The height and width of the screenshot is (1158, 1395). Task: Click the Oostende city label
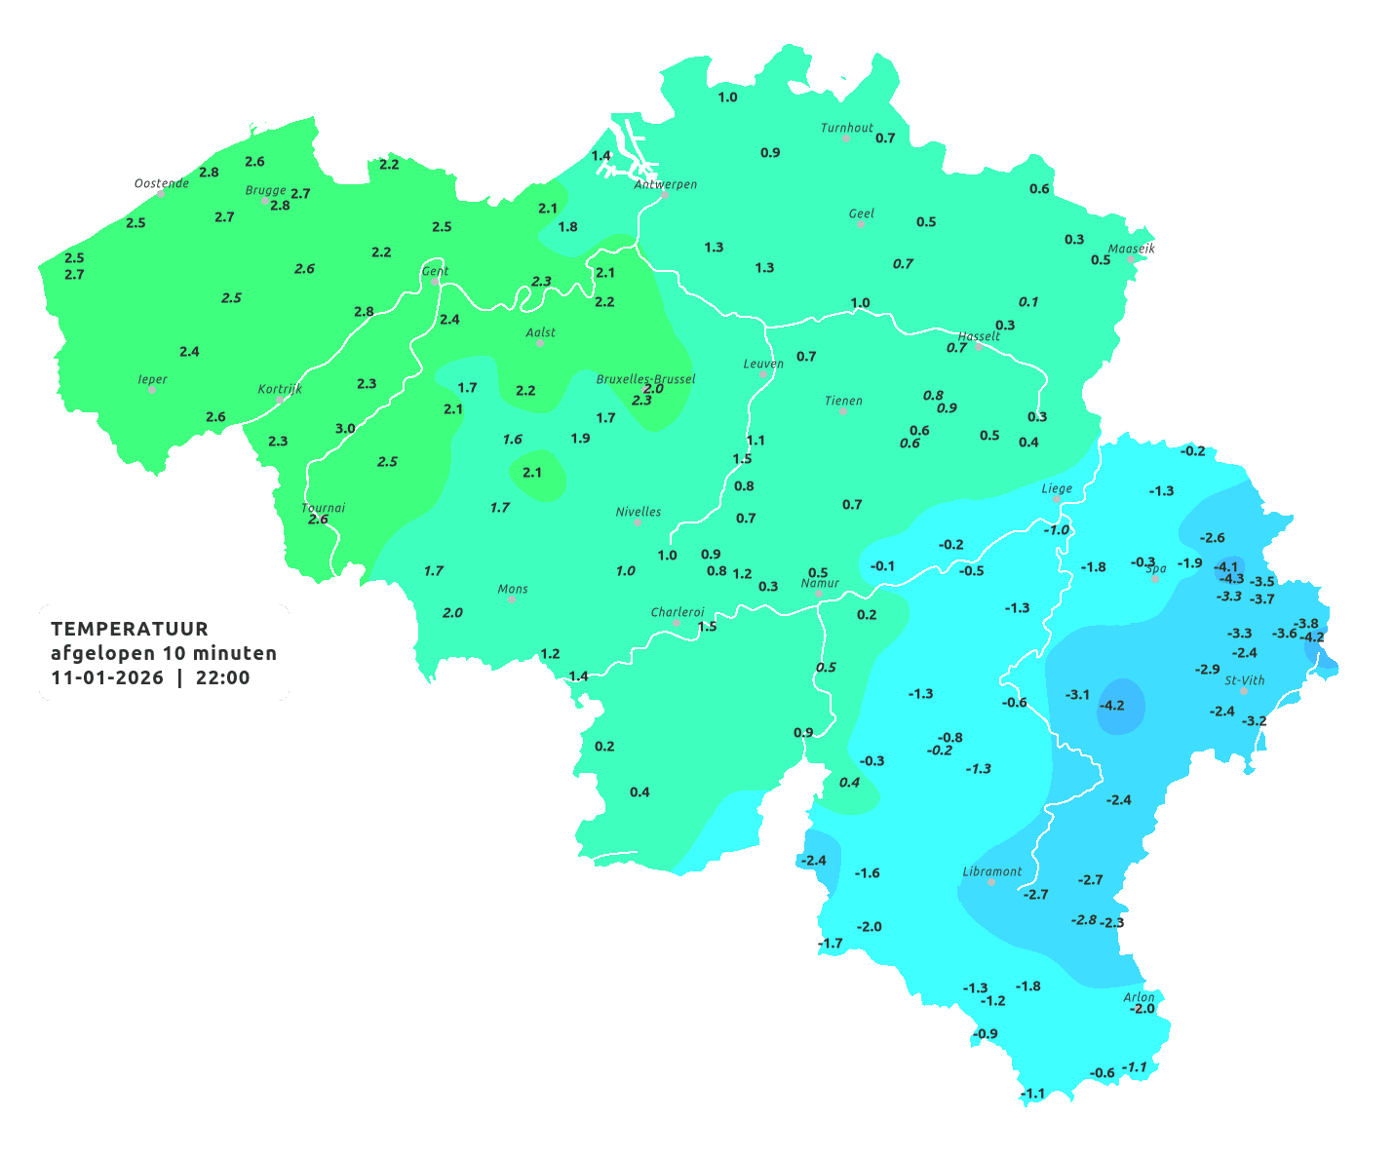pyautogui.click(x=161, y=183)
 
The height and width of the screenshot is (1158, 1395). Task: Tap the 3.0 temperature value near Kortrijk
pyautogui.click(x=345, y=429)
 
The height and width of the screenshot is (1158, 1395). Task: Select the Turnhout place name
pyautogui.click(x=846, y=128)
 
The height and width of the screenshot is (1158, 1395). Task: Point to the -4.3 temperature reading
pyautogui.click(x=1231, y=579)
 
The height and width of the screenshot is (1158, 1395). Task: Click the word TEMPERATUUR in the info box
pyautogui.click(x=130, y=629)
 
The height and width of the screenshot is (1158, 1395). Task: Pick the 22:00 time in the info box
pyautogui.click(x=222, y=678)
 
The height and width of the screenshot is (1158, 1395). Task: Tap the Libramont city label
pyautogui.click(x=991, y=871)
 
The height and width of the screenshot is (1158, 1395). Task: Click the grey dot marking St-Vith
pyautogui.click(x=1243, y=691)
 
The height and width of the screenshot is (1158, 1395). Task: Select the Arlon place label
pyautogui.click(x=1138, y=997)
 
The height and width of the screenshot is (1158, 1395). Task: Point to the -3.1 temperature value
pyautogui.click(x=1077, y=695)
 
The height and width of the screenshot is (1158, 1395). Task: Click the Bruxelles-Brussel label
pyautogui.click(x=645, y=378)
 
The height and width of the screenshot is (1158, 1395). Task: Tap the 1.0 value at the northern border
pyautogui.click(x=727, y=97)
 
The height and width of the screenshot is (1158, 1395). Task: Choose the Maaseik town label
pyautogui.click(x=1131, y=249)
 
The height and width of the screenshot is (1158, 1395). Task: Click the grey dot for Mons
pyautogui.click(x=511, y=599)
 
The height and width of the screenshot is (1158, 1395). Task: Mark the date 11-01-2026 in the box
pyautogui.click(x=107, y=678)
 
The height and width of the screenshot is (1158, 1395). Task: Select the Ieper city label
pyautogui.click(x=153, y=379)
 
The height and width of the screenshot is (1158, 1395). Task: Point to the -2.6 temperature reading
pyautogui.click(x=1212, y=538)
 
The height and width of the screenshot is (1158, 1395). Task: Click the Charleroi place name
pyautogui.click(x=677, y=612)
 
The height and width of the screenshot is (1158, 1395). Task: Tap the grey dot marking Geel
pyautogui.click(x=860, y=224)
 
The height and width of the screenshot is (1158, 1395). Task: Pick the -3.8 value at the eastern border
pyautogui.click(x=1305, y=624)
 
